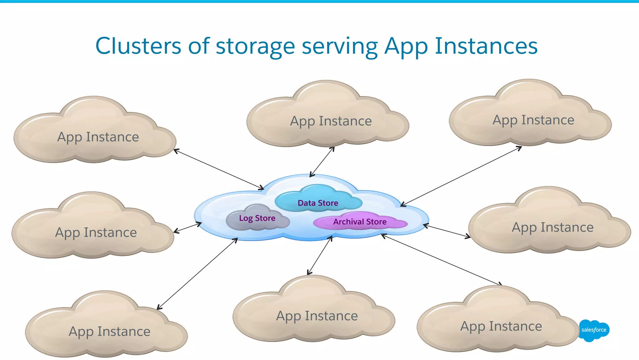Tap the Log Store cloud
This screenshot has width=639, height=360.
257,218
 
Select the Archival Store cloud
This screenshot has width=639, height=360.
360,222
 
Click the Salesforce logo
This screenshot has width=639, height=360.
593,330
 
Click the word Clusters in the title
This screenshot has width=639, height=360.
138,46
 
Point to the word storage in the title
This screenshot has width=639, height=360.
255,46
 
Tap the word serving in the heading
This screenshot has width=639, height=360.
340,46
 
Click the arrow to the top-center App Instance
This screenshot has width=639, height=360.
322,162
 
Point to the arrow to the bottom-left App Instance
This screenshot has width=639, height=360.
197,274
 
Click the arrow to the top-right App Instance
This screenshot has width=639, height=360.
461,176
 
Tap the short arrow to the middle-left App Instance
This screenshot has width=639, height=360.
188,227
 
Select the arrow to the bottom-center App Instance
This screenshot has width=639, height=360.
320,255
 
